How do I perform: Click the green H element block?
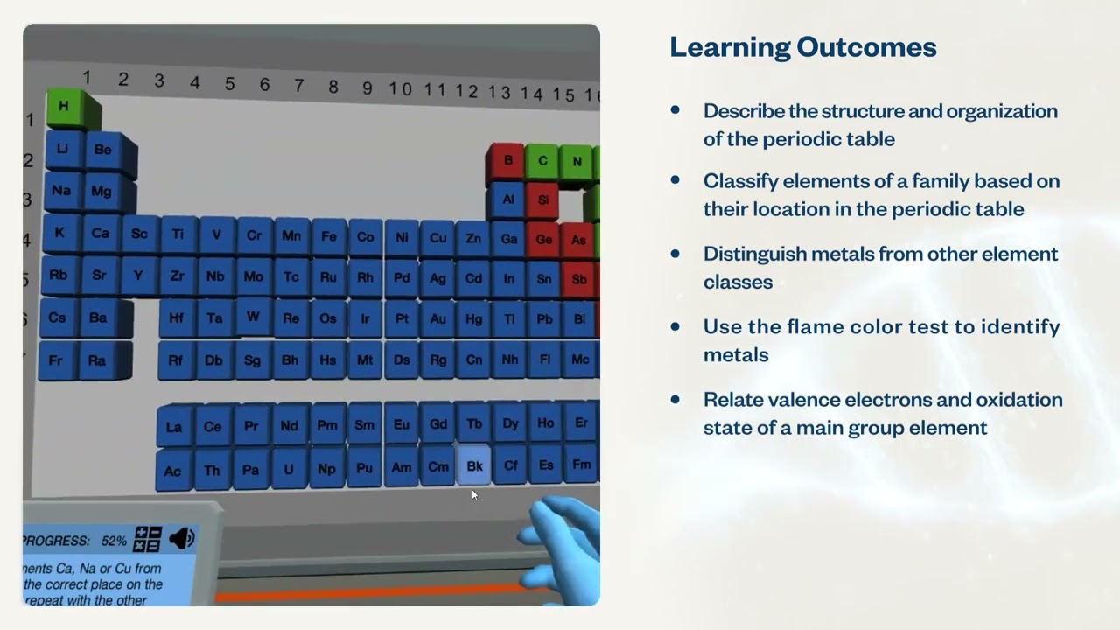pyautogui.click(x=64, y=106)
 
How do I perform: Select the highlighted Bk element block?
pyautogui.click(x=474, y=466)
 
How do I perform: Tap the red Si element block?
pyautogui.click(x=542, y=199)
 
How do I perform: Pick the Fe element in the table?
pyautogui.click(x=329, y=236)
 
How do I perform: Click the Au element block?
pyautogui.click(x=437, y=319)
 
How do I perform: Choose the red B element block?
pyautogui.click(x=507, y=160)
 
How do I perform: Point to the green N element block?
pyautogui.click(x=577, y=161)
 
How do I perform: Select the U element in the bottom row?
pyautogui.click(x=289, y=469)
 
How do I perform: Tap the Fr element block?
pyautogui.click(x=56, y=360)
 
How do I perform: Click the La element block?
pyautogui.click(x=174, y=427)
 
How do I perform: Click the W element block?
pyautogui.click(x=253, y=317)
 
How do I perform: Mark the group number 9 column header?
pyautogui.click(x=367, y=87)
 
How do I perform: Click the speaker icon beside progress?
pyautogui.click(x=182, y=538)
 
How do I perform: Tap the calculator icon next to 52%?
pyautogui.click(x=147, y=539)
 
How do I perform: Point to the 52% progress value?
pyautogui.click(x=114, y=541)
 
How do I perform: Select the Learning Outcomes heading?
pyautogui.click(x=802, y=46)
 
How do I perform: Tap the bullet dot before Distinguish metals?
pyautogui.click(x=675, y=254)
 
